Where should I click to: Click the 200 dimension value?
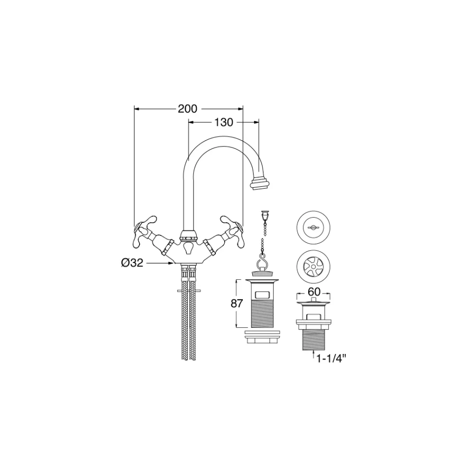[188, 109]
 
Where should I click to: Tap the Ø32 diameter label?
[133, 263]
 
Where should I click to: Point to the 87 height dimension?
[237, 303]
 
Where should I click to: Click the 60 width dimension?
[314, 292]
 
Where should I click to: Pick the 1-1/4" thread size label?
[331, 359]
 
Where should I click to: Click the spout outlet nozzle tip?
[261, 183]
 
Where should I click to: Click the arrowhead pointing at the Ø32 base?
[171, 263]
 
